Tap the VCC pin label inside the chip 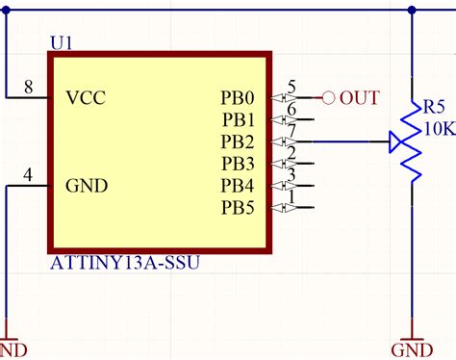[86, 97]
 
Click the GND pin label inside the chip [87, 185]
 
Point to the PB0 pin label [239, 97]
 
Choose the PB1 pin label [239, 119]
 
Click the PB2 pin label [239, 141]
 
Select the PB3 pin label [239, 163]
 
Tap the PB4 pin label [239, 185]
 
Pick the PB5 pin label [239, 207]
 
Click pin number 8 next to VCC [29, 88]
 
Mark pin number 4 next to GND [29, 175]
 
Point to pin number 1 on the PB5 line [291, 197]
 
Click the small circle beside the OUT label [328, 97]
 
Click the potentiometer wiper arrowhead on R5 [395, 142]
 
